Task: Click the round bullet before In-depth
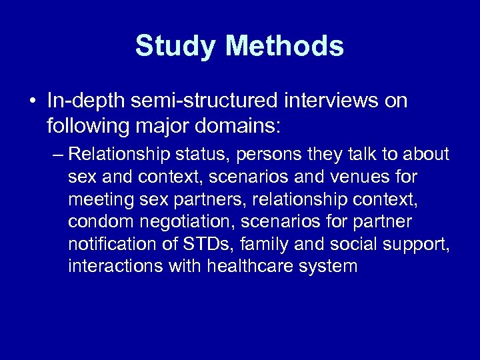[x=33, y=102]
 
